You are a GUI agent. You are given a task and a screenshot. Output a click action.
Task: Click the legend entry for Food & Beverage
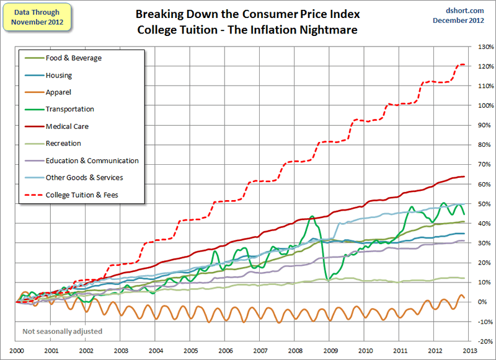[73, 58]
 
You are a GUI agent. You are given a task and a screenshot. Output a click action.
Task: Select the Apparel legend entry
[58, 92]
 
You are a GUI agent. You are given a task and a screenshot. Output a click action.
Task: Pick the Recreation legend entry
[63, 143]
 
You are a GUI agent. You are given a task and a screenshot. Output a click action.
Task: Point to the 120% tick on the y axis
[485, 66]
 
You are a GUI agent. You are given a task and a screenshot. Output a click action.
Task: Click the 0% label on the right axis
[483, 302]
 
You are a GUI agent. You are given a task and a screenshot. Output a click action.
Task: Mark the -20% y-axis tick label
[485, 341]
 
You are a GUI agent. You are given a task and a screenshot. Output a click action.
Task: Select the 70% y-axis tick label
[485, 165]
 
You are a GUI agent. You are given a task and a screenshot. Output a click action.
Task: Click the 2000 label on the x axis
[16, 351]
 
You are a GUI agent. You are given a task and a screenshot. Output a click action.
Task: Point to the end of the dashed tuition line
[465, 64]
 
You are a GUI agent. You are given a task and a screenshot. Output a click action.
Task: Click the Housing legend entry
[58, 76]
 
